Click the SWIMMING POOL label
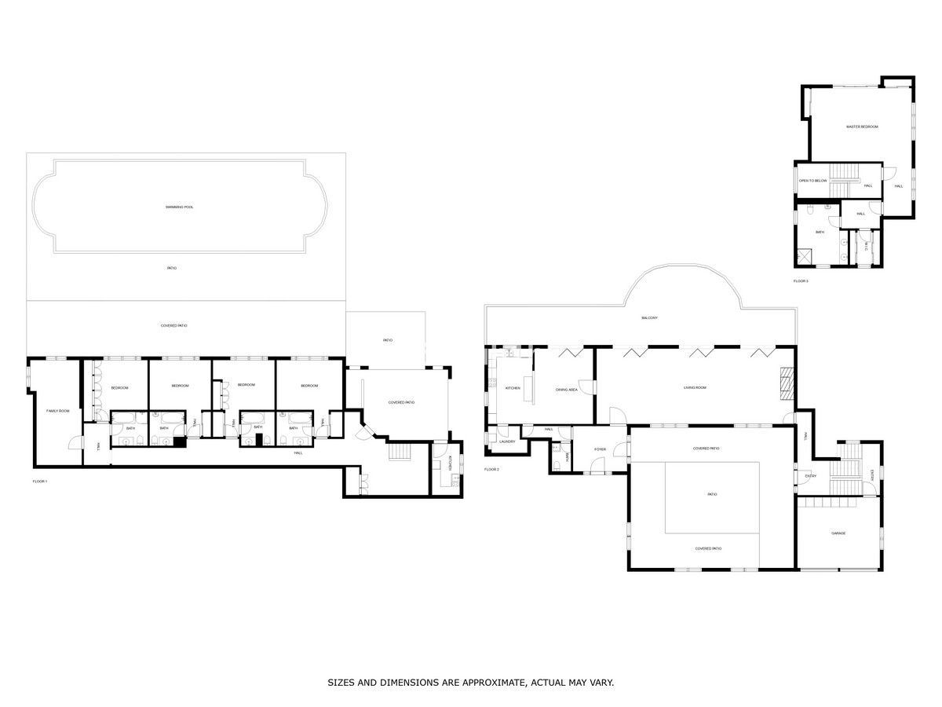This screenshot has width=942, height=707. [179, 207]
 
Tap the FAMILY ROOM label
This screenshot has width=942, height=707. [58, 411]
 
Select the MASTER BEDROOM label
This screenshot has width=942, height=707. [861, 126]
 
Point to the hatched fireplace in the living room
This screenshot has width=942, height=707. [788, 386]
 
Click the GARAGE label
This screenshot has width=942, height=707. [838, 533]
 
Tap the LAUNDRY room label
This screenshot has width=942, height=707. [506, 441]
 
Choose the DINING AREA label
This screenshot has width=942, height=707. [567, 390]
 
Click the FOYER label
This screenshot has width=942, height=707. [600, 449]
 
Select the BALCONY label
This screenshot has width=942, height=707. [649, 317]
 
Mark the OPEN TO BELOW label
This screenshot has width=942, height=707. [813, 181]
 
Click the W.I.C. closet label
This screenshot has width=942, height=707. [866, 246]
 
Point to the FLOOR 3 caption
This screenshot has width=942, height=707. [801, 280]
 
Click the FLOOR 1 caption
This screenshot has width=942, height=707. [40, 481]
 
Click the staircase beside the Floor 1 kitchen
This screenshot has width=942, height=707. [400, 452]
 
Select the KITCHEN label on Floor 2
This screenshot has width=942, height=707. [512, 388]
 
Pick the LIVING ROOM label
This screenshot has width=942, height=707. [695, 387]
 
